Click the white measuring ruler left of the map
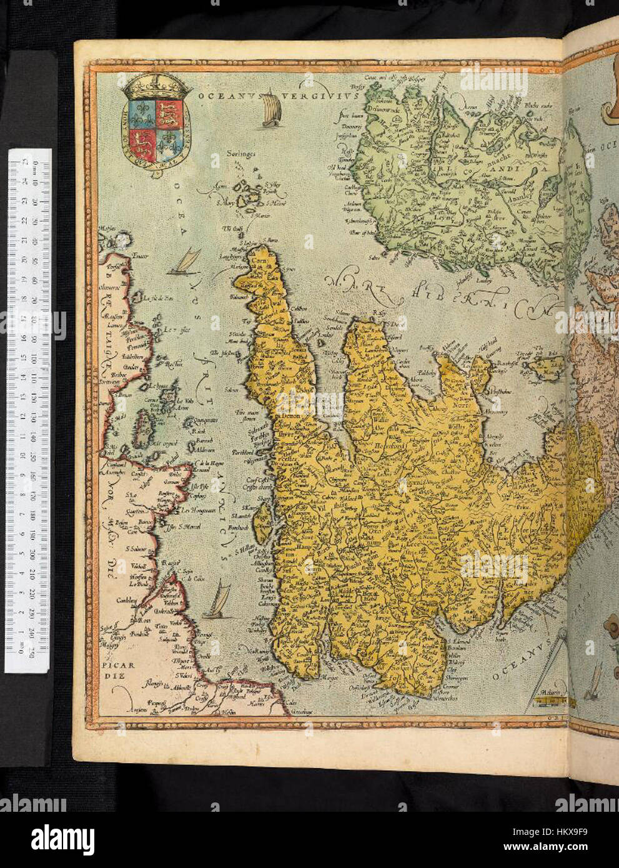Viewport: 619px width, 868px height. click(x=28, y=409)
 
